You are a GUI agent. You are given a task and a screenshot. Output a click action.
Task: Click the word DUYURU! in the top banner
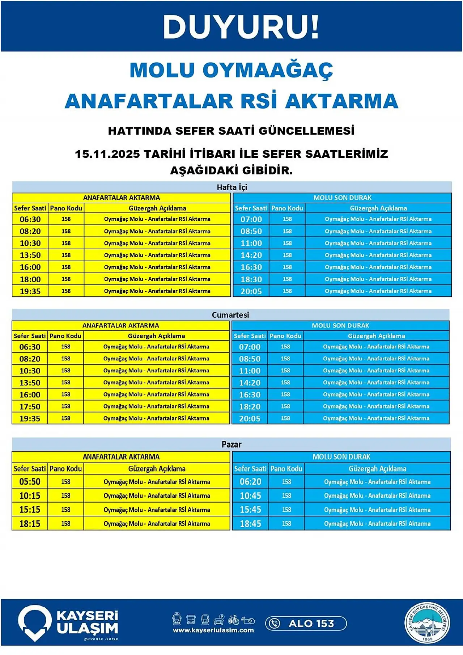(241, 27)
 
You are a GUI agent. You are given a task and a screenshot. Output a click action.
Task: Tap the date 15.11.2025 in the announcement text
(107, 154)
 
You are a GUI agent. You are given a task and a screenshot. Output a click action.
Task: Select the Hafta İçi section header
(232, 187)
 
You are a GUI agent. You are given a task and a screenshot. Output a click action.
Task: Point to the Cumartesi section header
(230, 315)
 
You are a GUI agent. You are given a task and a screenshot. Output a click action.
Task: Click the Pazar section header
(231, 444)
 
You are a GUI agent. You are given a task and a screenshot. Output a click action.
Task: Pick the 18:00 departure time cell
(30, 279)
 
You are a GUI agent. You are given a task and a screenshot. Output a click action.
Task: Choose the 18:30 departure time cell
(251, 279)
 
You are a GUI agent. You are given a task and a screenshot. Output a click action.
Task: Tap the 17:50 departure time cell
(30, 407)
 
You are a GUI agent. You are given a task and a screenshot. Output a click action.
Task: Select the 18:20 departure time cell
(250, 407)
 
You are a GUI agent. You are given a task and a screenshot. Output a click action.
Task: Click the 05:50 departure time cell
(30, 482)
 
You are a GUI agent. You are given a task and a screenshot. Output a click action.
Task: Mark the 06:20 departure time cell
(250, 482)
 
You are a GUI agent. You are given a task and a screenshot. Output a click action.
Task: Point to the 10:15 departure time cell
(30, 496)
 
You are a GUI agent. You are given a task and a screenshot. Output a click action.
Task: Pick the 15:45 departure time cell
(250, 510)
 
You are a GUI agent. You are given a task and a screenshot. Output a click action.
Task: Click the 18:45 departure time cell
(250, 524)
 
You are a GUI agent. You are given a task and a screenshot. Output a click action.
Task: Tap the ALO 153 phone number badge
(306, 624)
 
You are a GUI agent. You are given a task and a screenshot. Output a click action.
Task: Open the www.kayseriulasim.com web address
(213, 630)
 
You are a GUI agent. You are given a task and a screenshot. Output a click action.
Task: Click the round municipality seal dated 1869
(427, 623)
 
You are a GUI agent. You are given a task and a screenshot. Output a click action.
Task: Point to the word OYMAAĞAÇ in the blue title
(268, 70)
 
